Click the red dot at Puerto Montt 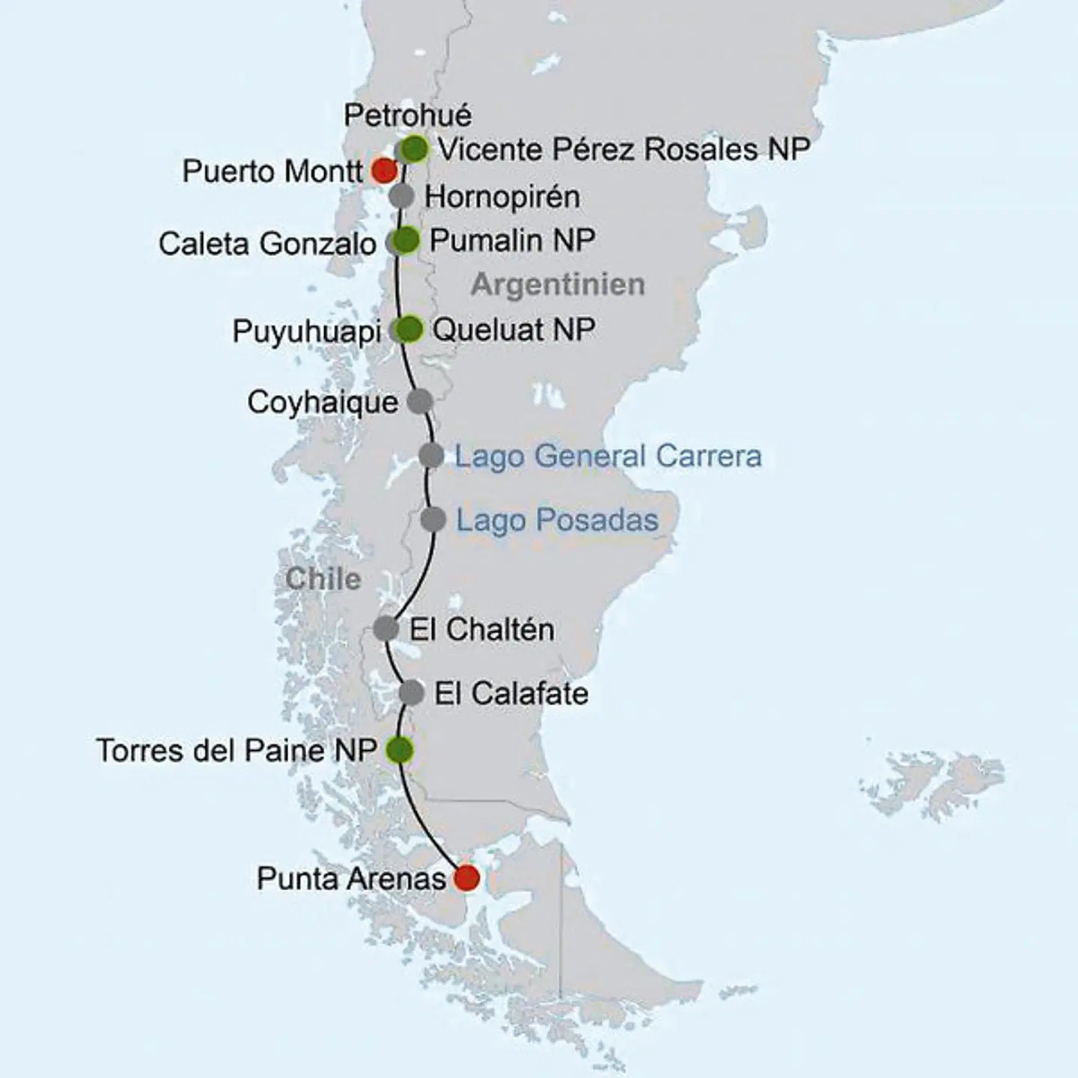tap(383, 171)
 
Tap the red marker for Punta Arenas tap(467, 877)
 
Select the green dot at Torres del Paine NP tap(400, 749)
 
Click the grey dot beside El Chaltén tap(386, 628)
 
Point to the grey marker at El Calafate tap(412, 692)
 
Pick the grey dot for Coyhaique tap(420, 401)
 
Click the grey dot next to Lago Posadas tap(433, 519)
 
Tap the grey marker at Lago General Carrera tap(431, 454)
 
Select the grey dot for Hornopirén tap(402, 196)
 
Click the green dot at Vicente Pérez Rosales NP tap(414, 148)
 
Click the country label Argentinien tap(558, 284)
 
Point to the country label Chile tap(323, 579)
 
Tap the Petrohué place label tap(408, 115)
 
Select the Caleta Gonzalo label tap(267, 244)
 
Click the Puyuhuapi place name tap(307, 332)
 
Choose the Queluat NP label tap(514, 329)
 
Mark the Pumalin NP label tap(513, 240)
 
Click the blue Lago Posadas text tap(558, 520)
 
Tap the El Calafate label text tap(511, 693)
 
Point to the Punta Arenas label tap(351, 878)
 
